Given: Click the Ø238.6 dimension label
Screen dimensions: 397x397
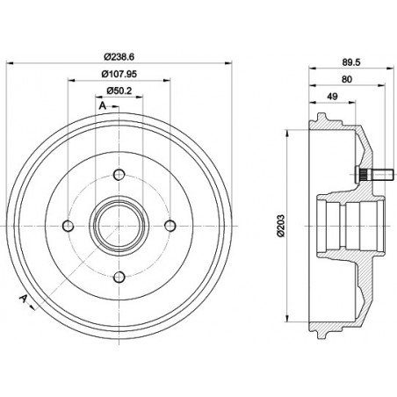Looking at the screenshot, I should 120,54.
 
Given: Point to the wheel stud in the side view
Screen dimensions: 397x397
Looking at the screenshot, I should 368,174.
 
